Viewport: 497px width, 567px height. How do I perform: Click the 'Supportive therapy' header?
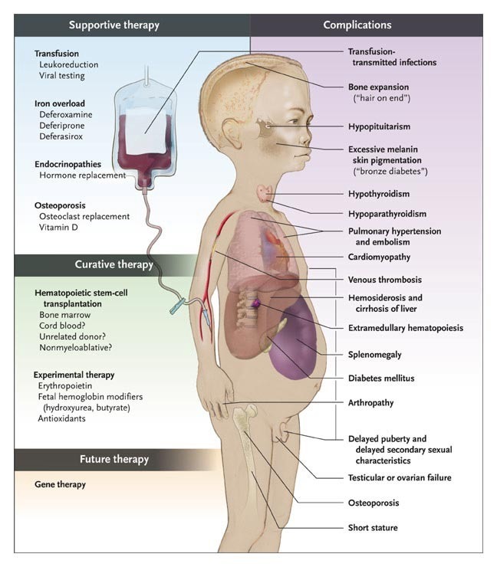click(x=114, y=25)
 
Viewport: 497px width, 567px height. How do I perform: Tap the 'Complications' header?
click(x=357, y=25)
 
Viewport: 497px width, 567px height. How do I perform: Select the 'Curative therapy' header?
click(x=114, y=264)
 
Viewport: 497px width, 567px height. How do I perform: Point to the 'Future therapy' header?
click(x=114, y=460)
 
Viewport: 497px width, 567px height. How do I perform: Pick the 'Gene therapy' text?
click(x=60, y=484)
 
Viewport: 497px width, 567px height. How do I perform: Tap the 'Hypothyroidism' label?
click(x=378, y=195)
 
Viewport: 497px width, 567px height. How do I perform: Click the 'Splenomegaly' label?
click(x=374, y=355)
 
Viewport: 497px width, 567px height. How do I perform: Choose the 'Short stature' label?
click(x=373, y=527)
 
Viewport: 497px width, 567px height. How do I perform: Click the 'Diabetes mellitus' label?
click(x=381, y=378)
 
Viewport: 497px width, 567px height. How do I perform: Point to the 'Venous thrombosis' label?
click(x=384, y=280)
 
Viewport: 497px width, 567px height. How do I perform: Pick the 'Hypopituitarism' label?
click(x=380, y=125)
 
